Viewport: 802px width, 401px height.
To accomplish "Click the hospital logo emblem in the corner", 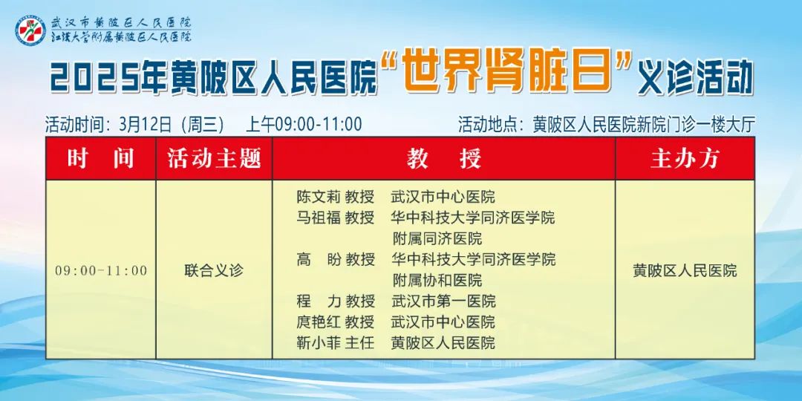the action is point(30,30).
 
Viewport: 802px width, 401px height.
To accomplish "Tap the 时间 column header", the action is point(101,158).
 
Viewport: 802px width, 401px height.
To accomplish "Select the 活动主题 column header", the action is point(214,158).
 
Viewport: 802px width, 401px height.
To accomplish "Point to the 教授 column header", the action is point(444,158).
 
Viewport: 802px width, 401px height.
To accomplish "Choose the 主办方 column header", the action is point(685,158).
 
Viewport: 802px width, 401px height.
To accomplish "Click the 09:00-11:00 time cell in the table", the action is point(101,270).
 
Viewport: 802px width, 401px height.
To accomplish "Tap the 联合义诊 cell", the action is point(214,270).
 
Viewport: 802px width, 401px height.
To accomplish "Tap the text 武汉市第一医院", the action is point(443,301).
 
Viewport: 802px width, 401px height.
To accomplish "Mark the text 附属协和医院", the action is point(437,280).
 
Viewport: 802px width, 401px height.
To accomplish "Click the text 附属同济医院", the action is point(437,239).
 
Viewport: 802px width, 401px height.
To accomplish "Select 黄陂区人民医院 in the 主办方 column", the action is point(685,270).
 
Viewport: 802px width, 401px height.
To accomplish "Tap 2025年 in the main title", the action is point(108,78).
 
